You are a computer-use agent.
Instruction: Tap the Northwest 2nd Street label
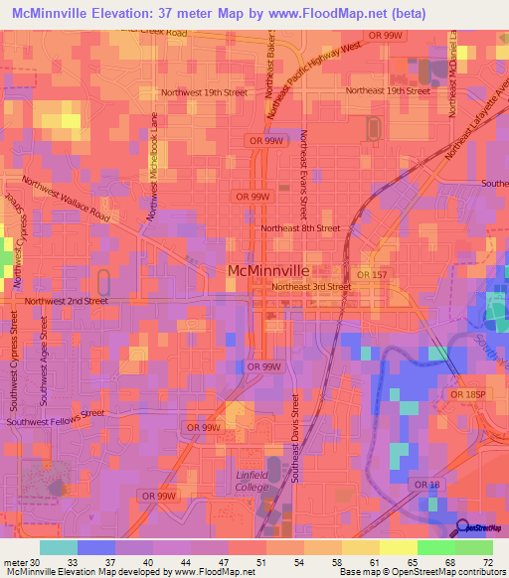(67, 300)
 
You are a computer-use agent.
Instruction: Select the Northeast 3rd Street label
(312, 286)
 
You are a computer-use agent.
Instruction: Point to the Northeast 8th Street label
(300, 227)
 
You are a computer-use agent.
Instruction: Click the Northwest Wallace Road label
(67, 198)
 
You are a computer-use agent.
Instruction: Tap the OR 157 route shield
(372, 274)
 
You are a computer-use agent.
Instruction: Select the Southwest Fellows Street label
(55, 419)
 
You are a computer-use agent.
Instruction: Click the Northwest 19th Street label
(204, 92)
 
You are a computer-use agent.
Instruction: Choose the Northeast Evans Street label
(304, 173)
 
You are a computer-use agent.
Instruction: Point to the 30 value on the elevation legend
(39, 562)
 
